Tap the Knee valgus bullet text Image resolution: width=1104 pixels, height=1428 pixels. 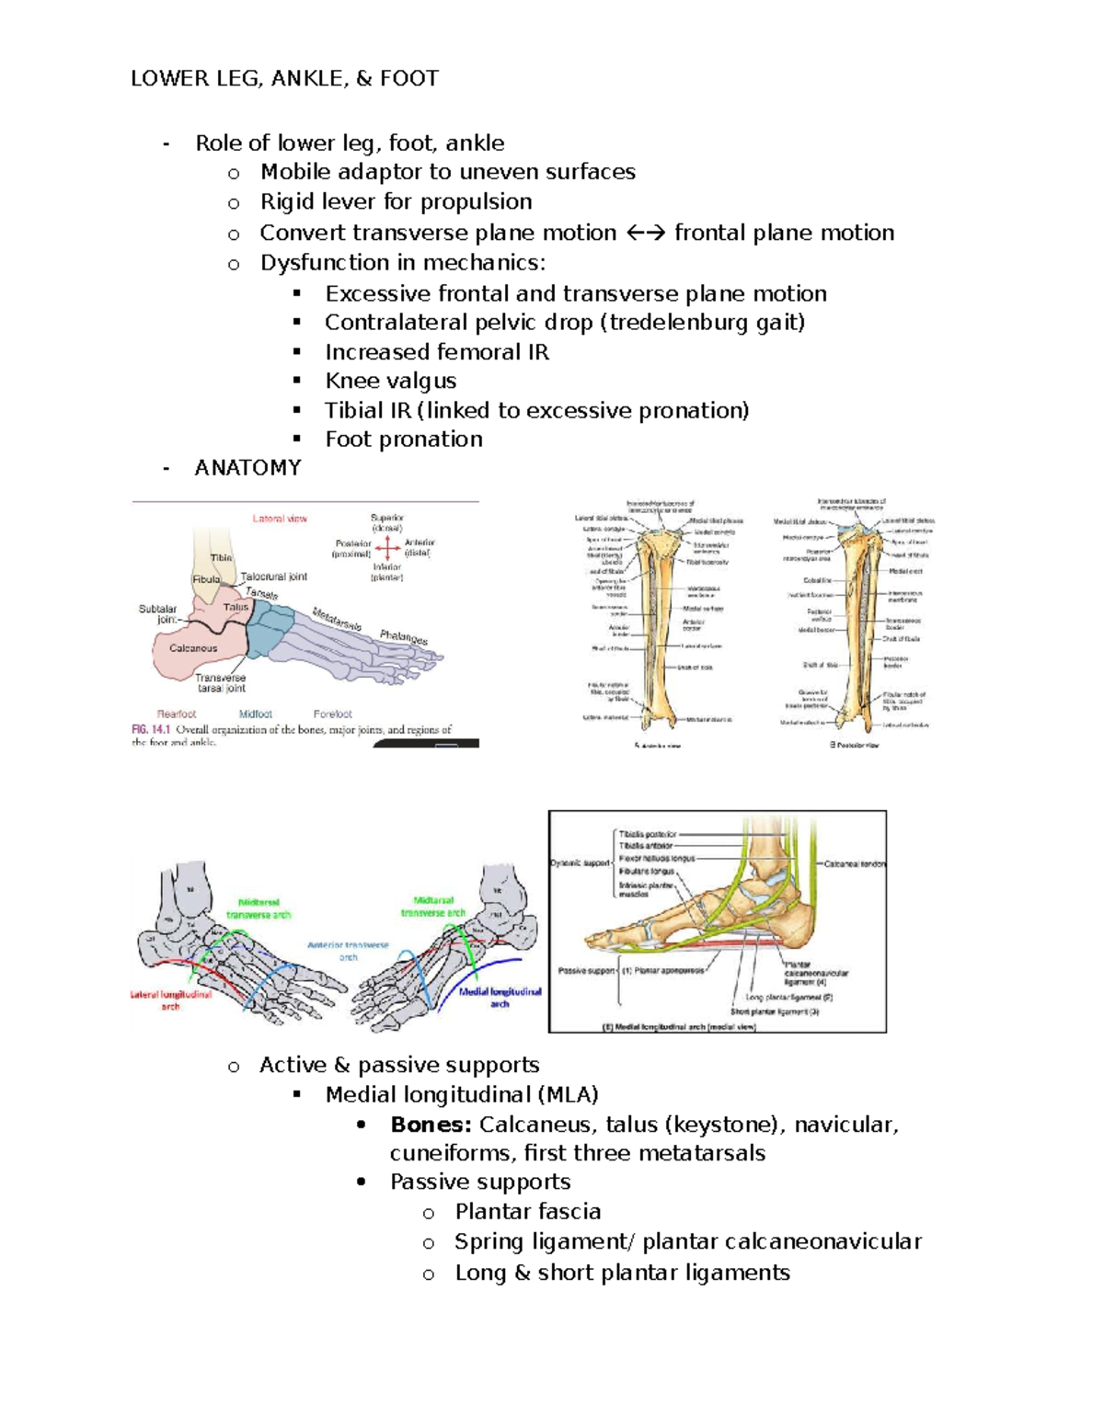[390, 381]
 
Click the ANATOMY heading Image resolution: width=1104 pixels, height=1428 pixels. [247, 468]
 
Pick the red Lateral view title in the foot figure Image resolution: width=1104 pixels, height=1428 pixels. [280, 519]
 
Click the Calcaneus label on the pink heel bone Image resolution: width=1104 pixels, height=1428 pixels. [193, 648]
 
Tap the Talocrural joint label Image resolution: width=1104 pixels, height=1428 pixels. [274, 577]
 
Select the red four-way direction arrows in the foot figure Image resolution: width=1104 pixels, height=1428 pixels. [388, 549]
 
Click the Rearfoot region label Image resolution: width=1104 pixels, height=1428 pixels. [177, 714]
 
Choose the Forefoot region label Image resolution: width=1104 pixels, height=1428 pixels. [332, 714]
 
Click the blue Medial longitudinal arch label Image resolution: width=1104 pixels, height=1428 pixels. [500, 998]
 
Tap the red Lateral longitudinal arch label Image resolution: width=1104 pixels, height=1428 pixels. [171, 1000]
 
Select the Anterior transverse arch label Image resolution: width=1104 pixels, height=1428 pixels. [348, 950]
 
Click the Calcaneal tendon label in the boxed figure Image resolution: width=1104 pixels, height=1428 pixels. [854, 864]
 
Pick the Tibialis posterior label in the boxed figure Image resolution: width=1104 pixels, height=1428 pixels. [648, 834]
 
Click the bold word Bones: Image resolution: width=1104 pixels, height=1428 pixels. [431, 1125]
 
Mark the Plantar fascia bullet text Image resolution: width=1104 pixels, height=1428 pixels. [527, 1212]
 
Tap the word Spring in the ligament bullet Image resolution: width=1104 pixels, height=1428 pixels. [489, 1241]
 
